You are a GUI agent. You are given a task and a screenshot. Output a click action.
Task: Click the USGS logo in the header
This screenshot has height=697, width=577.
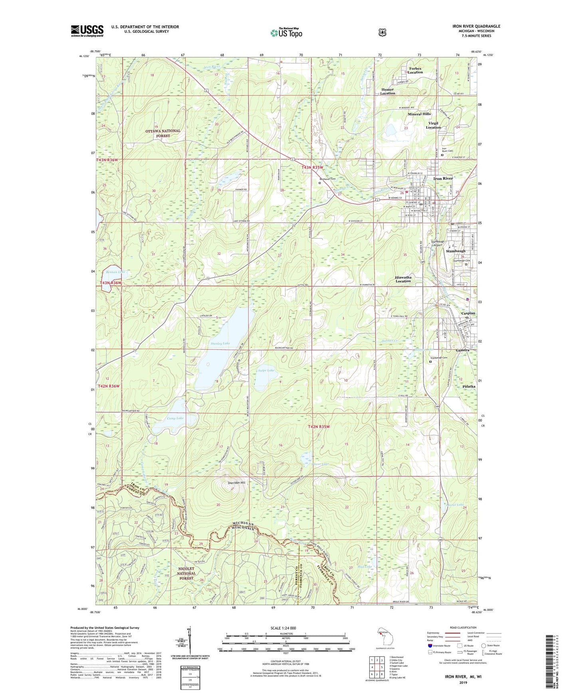[x=87, y=31]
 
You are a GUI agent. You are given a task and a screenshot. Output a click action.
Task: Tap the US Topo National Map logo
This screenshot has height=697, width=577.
[x=286, y=32]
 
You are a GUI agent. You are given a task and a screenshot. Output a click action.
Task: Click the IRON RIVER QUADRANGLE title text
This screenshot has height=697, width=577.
[x=476, y=26]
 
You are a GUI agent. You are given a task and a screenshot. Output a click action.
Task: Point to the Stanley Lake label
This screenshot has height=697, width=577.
[x=220, y=343]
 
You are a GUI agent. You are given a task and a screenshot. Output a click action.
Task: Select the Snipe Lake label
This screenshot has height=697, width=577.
[x=266, y=370]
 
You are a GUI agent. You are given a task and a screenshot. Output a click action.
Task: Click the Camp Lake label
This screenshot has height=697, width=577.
[x=175, y=418]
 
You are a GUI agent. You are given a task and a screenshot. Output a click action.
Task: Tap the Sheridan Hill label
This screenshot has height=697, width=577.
[x=236, y=483]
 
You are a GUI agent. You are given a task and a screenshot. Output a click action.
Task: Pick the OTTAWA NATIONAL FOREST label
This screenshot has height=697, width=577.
[x=163, y=133]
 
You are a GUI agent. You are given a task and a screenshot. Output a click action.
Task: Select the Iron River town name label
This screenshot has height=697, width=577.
[x=443, y=178]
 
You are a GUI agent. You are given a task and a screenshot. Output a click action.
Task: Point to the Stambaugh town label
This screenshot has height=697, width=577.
[x=456, y=251]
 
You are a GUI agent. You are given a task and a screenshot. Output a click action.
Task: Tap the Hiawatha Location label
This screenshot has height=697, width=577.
[x=403, y=279]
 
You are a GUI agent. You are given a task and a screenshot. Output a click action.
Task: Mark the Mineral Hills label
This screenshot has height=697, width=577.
[x=419, y=114]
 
